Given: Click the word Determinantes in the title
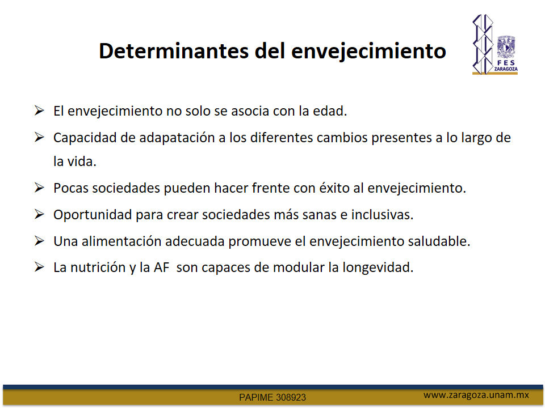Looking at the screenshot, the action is point(174,51).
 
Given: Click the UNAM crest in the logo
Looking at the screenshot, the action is point(506,47).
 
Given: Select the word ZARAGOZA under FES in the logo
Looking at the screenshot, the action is point(506,69).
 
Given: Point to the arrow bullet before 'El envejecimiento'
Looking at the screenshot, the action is point(39,110).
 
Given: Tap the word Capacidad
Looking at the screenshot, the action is point(85,138).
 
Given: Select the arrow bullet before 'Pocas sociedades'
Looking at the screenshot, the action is point(39,188).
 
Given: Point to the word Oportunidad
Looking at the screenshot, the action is point(93,215).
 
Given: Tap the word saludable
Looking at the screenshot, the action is point(439,241).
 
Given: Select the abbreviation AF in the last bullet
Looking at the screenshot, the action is point(161,267).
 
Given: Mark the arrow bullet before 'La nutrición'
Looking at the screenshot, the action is point(39,267).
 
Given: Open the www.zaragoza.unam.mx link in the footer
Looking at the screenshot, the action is point(476,395).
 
